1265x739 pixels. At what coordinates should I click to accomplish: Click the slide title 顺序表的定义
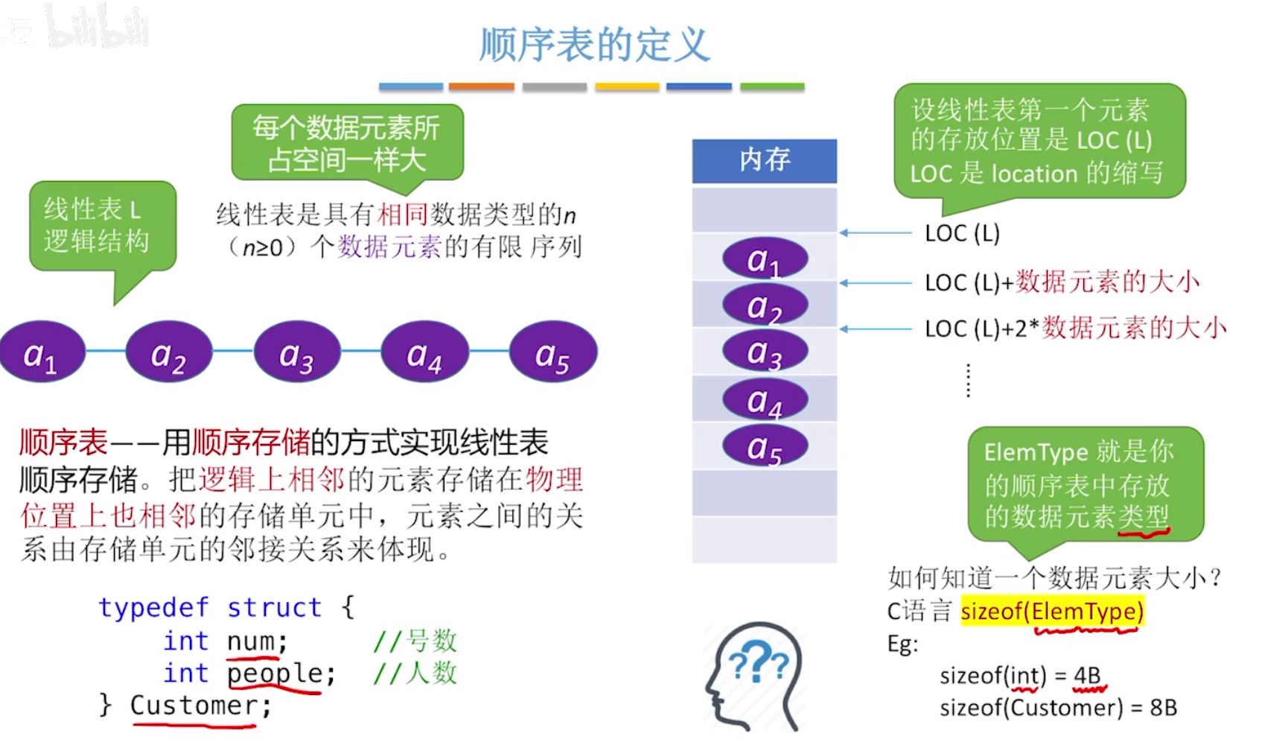[594, 45]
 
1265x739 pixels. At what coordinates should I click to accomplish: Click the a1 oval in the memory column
[765, 259]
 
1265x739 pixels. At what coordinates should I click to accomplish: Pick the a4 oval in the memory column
[765, 400]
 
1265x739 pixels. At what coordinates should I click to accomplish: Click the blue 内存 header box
[765, 160]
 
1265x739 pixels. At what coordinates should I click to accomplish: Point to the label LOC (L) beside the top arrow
[961, 233]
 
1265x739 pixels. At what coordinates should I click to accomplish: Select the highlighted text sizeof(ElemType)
[1051, 611]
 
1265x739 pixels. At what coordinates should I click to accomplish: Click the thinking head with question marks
[753, 675]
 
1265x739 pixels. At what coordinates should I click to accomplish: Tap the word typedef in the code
[153, 607]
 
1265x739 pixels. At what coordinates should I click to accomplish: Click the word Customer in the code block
[194, 705]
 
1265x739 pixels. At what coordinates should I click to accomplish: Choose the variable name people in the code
[274, 673]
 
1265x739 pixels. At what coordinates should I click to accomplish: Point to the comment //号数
[415, 641]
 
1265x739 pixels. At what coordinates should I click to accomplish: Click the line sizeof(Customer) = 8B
[1058, 707]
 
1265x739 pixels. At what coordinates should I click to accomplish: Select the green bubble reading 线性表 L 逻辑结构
[102, 225]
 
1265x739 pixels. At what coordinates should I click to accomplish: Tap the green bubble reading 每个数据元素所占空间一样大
[347, 142]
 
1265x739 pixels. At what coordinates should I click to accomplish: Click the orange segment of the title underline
[481, 87]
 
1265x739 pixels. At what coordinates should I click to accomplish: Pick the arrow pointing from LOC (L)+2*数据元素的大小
[876, 329]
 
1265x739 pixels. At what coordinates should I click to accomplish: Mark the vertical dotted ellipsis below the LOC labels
[968, 381]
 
